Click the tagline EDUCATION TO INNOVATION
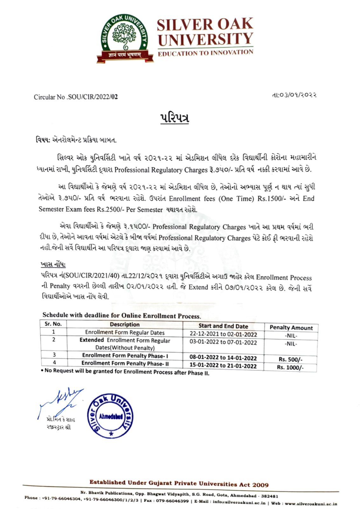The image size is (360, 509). [205, 53]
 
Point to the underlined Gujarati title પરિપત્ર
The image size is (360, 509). [174, 118]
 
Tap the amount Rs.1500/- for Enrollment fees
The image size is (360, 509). [270, 199]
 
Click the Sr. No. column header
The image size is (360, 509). [53, 324]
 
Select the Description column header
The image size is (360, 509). [125, 324]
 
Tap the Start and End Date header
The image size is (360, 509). [223, 326]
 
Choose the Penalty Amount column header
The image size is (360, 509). [291, 328]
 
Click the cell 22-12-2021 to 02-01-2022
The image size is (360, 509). [223, 334]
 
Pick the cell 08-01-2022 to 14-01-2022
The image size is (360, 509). [223, 358]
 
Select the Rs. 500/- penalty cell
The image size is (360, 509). [290, 359]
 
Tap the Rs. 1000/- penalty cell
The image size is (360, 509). [290, 367]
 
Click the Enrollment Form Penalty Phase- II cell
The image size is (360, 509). [125, 363]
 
